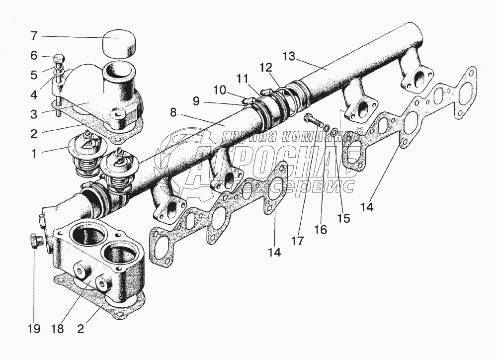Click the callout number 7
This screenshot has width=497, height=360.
[x=33, y=36]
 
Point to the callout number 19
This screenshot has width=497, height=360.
[x=34, y=329]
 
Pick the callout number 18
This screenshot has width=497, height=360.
[x=58, y=329]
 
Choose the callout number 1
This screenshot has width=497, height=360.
[x=33, y=154]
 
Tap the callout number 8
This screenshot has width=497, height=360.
[x=173, y=112]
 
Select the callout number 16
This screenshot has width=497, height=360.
[x=321, y=230]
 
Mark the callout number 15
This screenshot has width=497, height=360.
[x=343, y=218]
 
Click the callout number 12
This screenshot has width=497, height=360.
[x=265, y=67]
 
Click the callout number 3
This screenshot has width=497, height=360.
[x=33, y=113]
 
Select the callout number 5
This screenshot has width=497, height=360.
[x=33, y=75]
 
